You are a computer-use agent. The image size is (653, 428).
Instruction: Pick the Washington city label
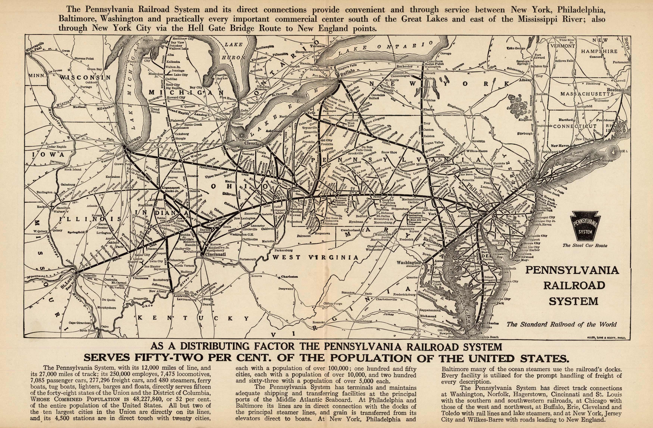click(408, 262)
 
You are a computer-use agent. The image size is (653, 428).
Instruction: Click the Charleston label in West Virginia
click(289, 277)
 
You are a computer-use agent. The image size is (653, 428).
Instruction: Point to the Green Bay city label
click(95, 69)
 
